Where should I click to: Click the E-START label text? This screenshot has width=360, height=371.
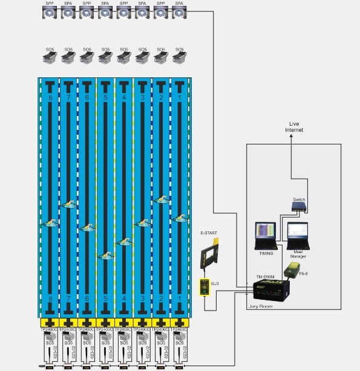coord(208,232)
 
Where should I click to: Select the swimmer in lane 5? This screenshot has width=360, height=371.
coord(106,255)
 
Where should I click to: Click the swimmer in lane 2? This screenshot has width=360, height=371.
coord(161,199)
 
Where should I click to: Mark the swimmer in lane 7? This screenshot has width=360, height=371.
coord(69,205)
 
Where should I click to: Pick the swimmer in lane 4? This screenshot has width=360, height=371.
coord(124,241)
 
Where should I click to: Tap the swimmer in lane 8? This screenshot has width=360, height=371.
coord(50,223)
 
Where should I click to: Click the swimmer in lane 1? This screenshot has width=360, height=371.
coord(179,218)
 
